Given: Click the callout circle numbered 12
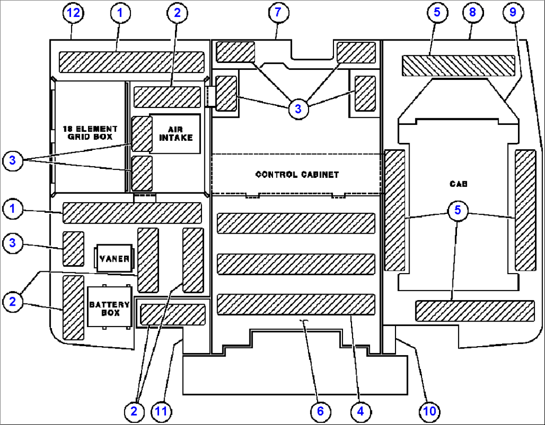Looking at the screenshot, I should pos(73,13).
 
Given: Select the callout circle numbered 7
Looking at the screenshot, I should pos(278,13).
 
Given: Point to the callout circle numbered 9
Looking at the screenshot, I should pos(512,13).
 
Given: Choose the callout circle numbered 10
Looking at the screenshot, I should pos(429,411).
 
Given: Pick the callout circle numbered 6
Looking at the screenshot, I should pos(320,411).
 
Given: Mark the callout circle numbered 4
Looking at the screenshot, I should pos(361,411).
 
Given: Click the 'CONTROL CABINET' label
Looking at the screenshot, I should pos(297,175).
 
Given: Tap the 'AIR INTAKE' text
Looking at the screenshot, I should pos(175,133).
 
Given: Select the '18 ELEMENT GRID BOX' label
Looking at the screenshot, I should pos(89,132).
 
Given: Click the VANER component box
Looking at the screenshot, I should pos(114,258).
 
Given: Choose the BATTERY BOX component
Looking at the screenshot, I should pos(109,308).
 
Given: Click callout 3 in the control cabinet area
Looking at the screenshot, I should pos(298,108).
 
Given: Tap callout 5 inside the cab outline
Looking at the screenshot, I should pos(457,210).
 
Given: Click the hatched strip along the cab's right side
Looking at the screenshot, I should pos(525,210).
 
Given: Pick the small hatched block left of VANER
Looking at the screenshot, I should pos(73,249).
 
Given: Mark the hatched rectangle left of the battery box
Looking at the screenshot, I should pos(73,307).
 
